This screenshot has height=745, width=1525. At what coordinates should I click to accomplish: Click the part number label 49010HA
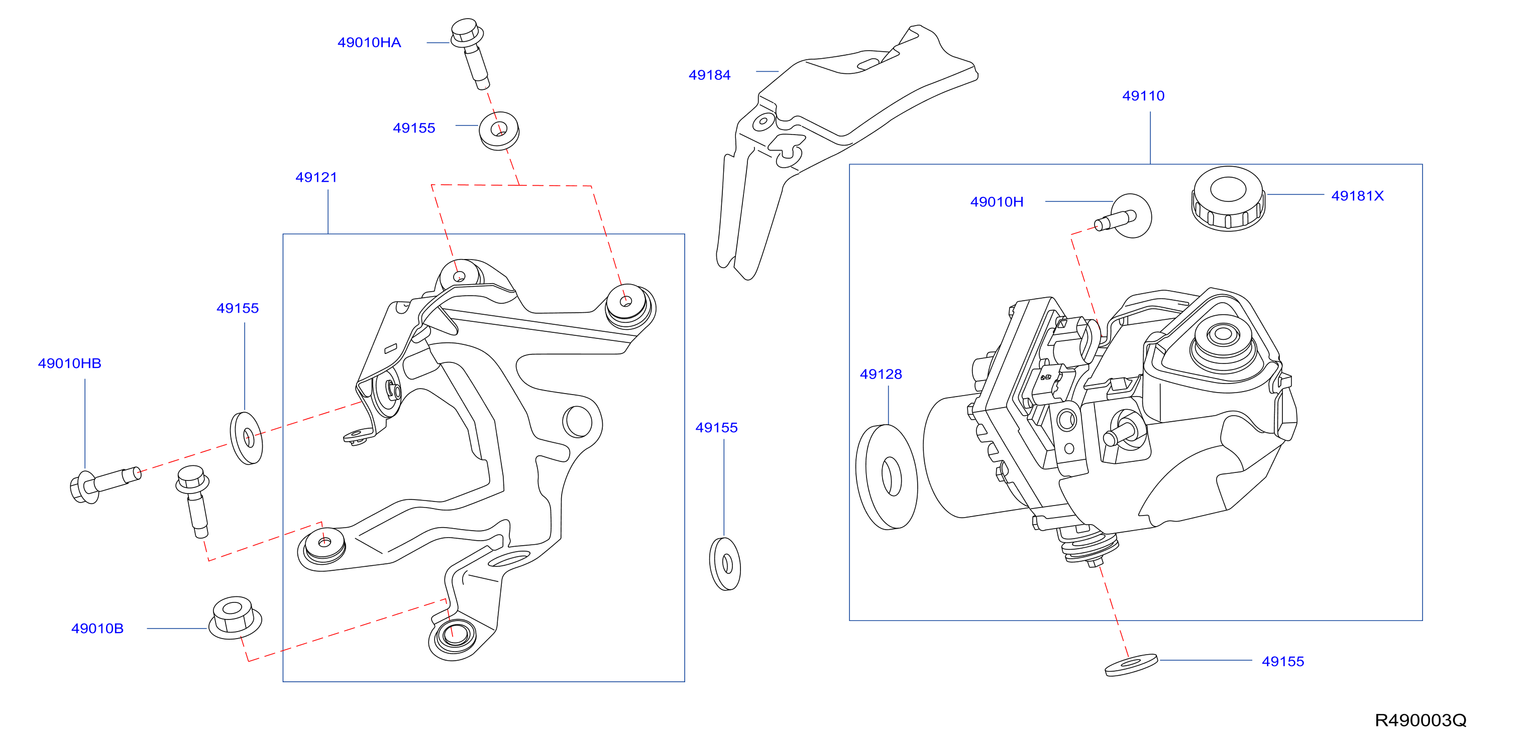coord(369,43)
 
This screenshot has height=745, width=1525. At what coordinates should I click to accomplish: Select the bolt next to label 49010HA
coord(470,53)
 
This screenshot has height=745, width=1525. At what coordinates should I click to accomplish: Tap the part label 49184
coord(709,75)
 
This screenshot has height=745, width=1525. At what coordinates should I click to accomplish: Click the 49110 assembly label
coord(1143,96)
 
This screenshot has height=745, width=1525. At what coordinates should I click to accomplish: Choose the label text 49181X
coord(1357,196)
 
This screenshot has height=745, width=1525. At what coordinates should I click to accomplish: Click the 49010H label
coord(997,202)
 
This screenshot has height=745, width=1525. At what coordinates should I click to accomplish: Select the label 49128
coord(881,374)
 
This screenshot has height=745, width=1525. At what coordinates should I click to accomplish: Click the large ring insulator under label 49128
coord(886,477)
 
